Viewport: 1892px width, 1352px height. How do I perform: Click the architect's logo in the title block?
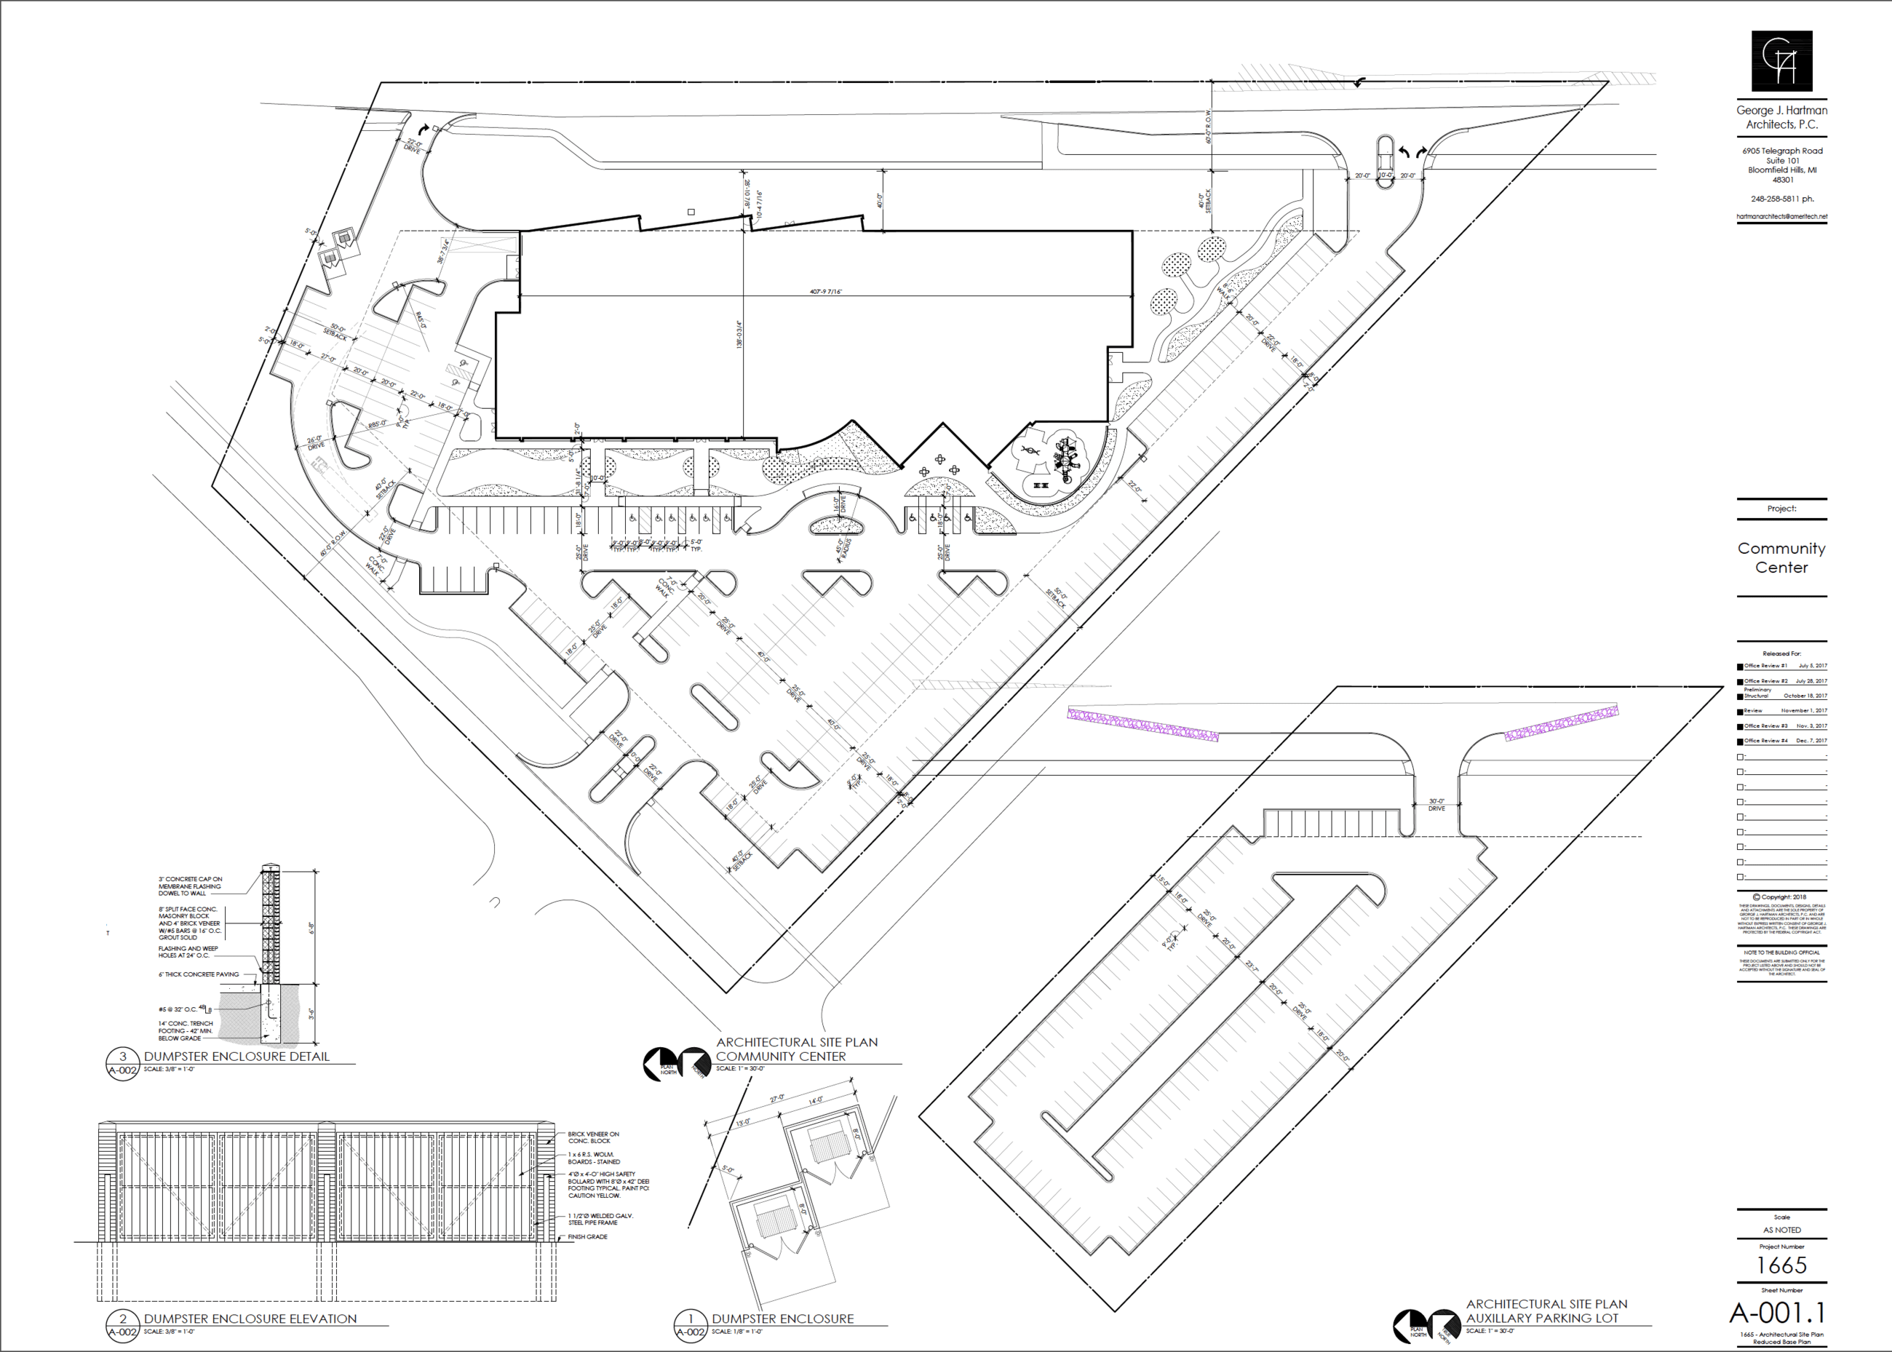1781,61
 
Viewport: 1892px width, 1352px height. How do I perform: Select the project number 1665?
1781,1265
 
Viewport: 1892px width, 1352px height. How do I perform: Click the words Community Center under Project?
1781,558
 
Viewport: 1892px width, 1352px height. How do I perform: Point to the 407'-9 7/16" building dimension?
826,291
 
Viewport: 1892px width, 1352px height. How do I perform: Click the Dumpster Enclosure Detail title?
236,1057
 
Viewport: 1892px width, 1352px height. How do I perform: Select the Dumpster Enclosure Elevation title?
250,1319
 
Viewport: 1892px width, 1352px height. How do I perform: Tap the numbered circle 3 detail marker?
122,1057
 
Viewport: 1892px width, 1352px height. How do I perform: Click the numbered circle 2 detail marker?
122,1319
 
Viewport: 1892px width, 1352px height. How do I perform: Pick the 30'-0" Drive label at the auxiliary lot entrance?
1436,805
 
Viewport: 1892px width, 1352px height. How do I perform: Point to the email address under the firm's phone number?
1781,216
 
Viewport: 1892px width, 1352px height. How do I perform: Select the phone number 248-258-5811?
1781,199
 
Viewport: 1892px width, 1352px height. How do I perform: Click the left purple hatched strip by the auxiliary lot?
1143,724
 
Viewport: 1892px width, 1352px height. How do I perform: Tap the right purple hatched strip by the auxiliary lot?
1562,723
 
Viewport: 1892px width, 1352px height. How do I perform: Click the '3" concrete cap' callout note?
191,886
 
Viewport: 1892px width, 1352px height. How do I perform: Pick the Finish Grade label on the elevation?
588,1237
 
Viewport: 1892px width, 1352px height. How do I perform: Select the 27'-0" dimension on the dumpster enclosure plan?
776,1098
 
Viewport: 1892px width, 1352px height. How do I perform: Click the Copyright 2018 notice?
1781,897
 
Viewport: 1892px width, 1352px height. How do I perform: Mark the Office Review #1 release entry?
1781,666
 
